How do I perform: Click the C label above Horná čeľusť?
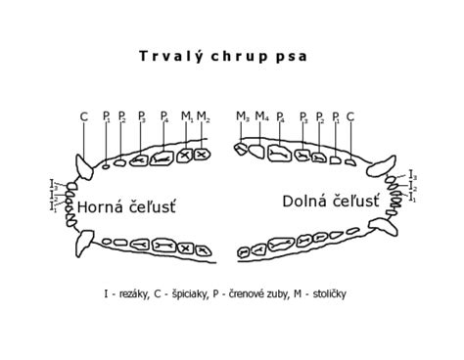pos(84,116)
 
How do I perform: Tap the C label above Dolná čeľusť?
pos(349,116)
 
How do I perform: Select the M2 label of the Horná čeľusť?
pos(203,116)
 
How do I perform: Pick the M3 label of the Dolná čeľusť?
pos(242,116)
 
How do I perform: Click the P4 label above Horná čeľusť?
pos(164,116)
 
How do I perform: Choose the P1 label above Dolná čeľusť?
pos(335,116)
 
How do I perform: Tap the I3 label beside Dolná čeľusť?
pos(412,175)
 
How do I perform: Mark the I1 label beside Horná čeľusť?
pos(52,206)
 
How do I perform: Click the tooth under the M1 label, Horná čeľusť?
pos(183,155)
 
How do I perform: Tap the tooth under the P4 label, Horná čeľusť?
pos(161,157)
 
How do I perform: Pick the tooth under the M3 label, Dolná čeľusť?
pos(241,149)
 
